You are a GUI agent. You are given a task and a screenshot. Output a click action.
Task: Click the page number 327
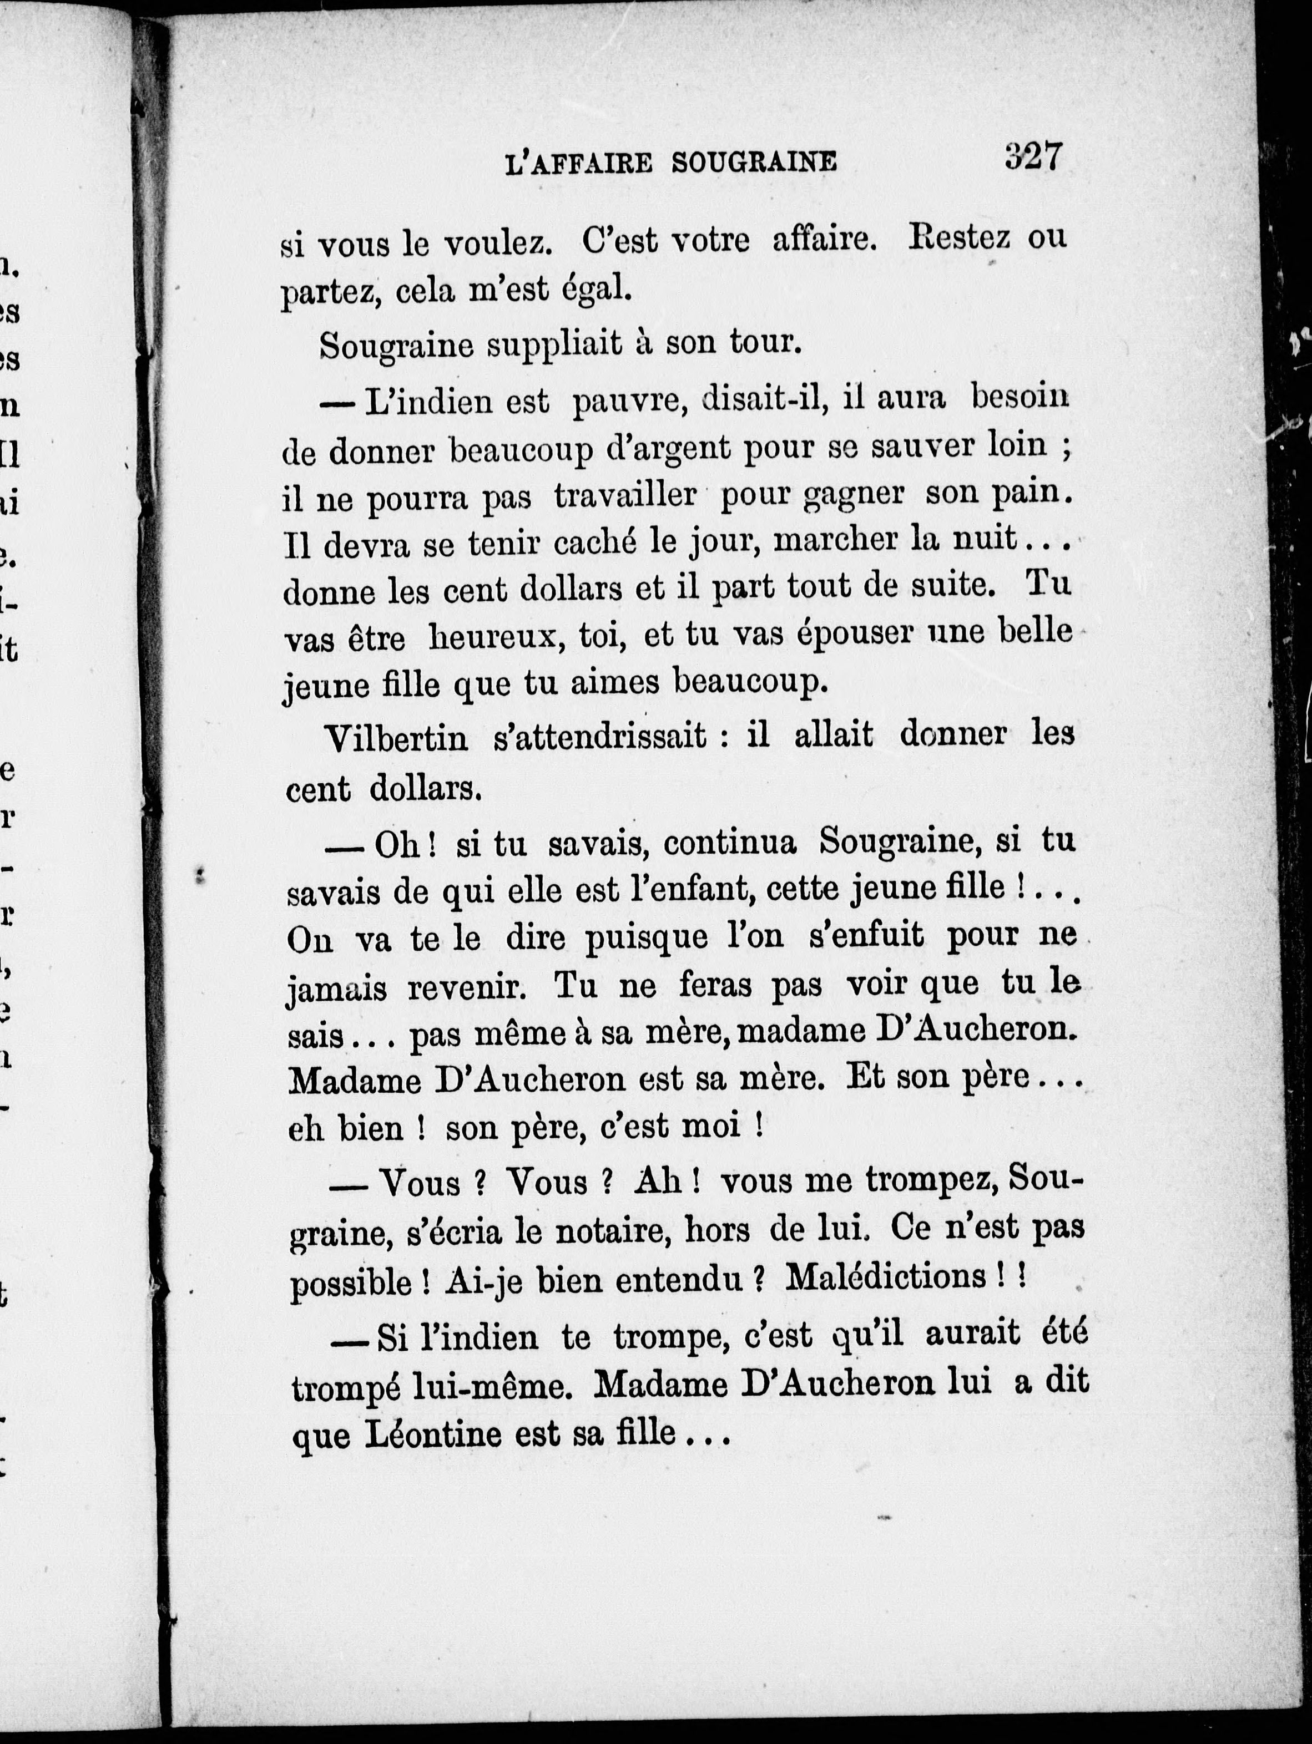pos(1033,157)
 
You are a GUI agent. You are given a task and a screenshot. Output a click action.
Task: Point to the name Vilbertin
pos(397,738)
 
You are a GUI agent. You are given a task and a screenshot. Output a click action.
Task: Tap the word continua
pos(729,842)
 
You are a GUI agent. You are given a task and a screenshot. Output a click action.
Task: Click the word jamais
pos(335,988)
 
